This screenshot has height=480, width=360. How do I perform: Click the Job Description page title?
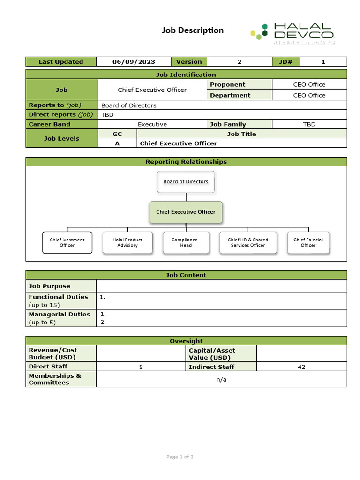[193, 30]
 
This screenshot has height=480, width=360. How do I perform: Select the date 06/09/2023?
[134, 61]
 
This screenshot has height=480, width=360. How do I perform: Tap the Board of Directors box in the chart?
[186, 181]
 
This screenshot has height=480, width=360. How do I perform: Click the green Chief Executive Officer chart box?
[186, 212]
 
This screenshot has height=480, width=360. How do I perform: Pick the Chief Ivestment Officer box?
[67, 242]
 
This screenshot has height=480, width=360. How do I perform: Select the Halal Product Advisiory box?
[127, 242]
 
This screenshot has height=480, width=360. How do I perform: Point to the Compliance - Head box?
[186, 242]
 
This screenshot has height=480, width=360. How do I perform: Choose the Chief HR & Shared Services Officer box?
[248, 242]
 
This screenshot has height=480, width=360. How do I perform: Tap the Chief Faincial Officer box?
[308, 242]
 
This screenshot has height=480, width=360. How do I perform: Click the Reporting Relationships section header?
[186, 162]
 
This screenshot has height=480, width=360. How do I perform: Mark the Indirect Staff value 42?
[301, 367]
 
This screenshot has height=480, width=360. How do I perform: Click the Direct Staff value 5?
[141, 367]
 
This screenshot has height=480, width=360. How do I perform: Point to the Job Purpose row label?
[50, 286]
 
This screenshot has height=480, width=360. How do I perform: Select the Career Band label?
[50, 124]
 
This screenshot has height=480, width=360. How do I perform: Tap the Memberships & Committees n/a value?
[221, 379]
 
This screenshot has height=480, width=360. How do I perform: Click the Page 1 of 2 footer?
[180, 457]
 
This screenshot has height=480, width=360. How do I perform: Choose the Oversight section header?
[186, 341]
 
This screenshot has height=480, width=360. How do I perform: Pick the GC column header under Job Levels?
[117, 134]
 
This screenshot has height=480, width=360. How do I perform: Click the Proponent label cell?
[228, 84]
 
